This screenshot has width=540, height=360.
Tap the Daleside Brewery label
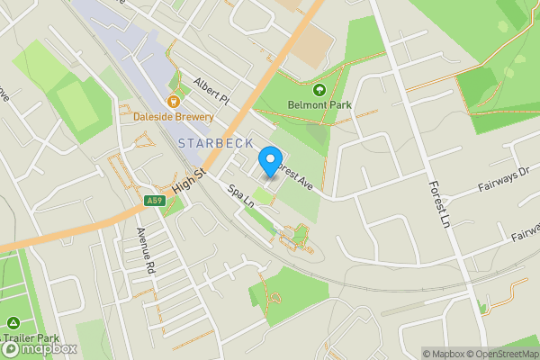[x=173, y=117]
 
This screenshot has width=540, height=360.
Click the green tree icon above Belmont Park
[x=319, y=89]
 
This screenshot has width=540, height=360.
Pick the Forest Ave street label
[x=293, y=175]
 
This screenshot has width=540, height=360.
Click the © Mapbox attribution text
[x=442, y=354]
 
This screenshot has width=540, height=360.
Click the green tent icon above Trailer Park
[x=13, y=322]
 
